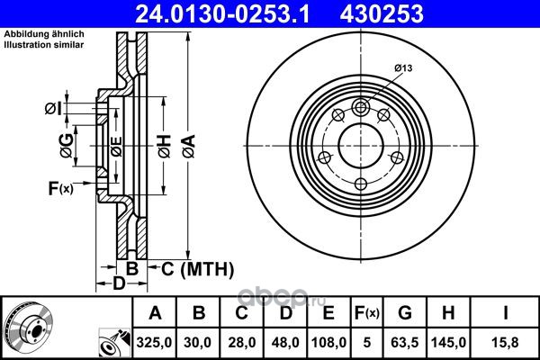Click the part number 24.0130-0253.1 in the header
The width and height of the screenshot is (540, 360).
(222, 13)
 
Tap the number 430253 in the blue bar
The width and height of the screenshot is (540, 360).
(382, 13)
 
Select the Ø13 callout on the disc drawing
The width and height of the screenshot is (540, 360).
(403, 68)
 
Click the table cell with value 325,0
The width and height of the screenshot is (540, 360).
(154, 342)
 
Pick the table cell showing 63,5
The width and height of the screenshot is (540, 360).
(405, 342)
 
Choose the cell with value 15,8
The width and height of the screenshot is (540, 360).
(505, 342)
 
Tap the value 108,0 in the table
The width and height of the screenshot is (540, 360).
(328, 342)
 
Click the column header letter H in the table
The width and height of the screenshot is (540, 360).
(448, 313)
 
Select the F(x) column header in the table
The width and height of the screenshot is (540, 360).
(367, 313)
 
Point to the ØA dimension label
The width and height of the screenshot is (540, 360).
(189, 147)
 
